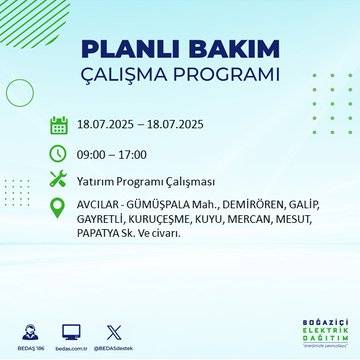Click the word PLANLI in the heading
pos(128,50)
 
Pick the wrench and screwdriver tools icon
pos(58,180)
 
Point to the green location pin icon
pos(58,210)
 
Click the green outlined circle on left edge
pos(19,92)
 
